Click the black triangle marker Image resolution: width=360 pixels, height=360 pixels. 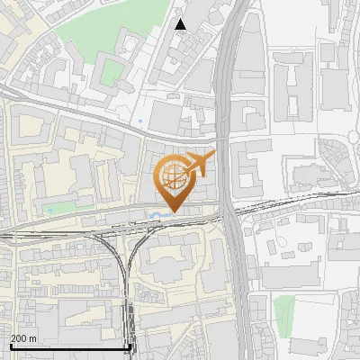181,24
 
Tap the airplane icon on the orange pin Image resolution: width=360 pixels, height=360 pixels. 197,164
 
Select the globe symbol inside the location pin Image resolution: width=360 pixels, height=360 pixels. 170,175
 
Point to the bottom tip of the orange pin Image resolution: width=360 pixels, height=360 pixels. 170,212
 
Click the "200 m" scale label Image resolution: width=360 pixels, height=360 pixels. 24,338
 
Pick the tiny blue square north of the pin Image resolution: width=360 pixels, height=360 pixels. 141,121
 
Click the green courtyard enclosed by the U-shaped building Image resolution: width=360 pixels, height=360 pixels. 110,72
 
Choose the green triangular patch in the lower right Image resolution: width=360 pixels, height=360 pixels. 283,311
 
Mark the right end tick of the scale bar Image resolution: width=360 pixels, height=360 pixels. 131,346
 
